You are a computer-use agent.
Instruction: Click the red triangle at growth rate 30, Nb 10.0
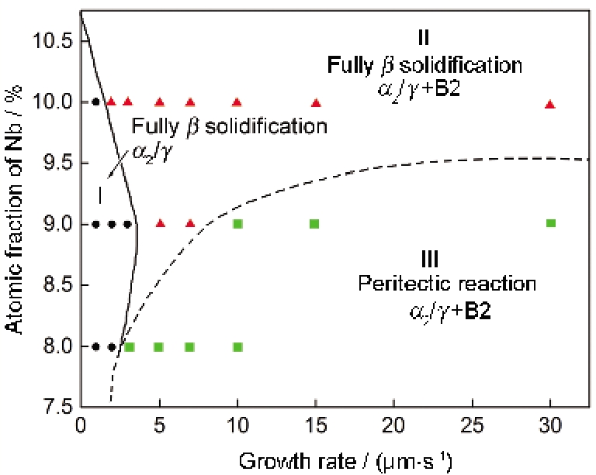tap(550, 105)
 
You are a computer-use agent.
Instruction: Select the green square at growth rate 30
tap(550, 223)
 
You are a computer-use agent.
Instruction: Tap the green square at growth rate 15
tap(314, 224)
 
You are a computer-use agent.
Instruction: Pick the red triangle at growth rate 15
tap(316, 102)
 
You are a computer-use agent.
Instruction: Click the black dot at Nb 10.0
tap(95, 102)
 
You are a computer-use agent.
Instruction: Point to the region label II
tap(423, 37)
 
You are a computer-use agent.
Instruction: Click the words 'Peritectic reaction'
tap(446, 284)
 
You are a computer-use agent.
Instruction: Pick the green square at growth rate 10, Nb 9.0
tap(237, 224)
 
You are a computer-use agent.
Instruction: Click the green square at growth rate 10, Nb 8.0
tap(237, 346)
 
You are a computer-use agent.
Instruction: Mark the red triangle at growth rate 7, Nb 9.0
tap(190, 224)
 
